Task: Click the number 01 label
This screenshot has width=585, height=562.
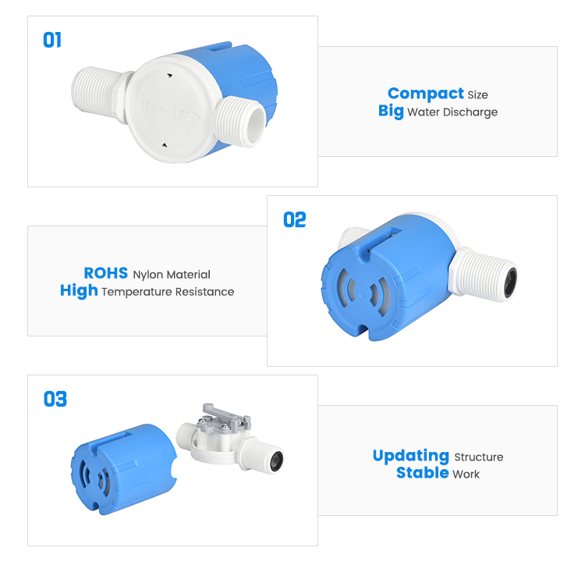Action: click(x=52, y=40)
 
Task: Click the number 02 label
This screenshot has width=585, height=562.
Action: click(x=295, y=220)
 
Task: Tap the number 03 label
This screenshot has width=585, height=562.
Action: click(x=55, y=400)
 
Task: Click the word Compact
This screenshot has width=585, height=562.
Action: click(x=425, y=94)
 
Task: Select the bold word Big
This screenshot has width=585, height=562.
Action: click(x=391, y=112)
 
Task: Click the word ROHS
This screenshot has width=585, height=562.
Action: click(x=106, y=274)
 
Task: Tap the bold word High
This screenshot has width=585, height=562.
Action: click(x=79, y=291)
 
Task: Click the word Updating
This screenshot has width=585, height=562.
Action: click(x=410, y=456)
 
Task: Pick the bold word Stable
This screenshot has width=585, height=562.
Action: click(x=422, y=473)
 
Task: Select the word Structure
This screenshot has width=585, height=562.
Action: click(x=478, y=457)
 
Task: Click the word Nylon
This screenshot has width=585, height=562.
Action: click(x=150, y=275)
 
